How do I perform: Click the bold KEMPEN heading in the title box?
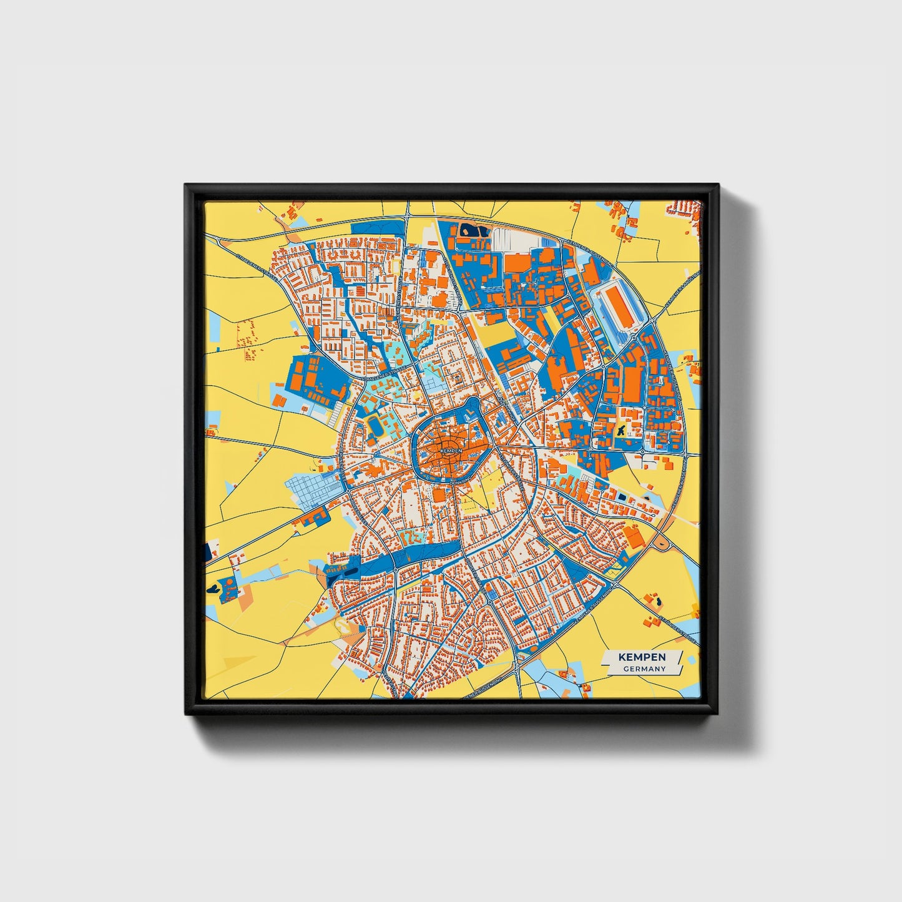(x=642, y=657)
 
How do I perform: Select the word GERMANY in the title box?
(x=644, y=669)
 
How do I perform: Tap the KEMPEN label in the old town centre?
(x=451, y=450)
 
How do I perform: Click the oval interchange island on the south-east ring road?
(x=660, y=545)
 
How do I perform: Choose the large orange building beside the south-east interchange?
(x=634, y=537)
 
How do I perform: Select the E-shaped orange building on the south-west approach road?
(x=313, y=516)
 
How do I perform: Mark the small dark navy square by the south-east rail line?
(x=621, y=496)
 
